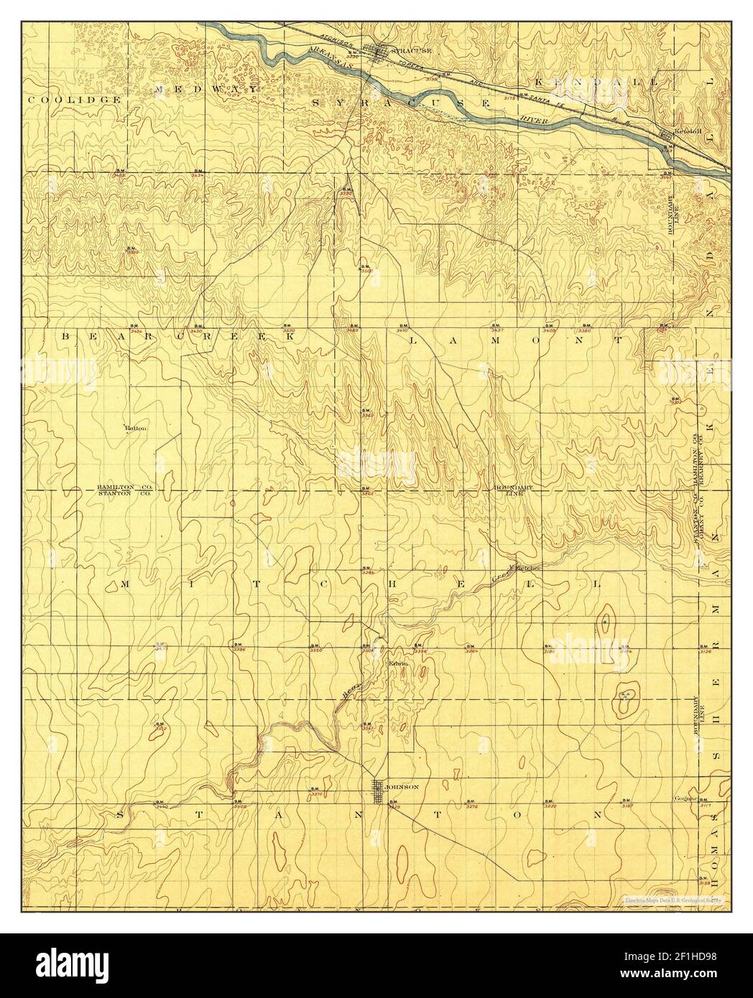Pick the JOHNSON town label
[x=402, y=787]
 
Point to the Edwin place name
[x=398, y=663]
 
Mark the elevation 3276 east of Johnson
[x=472, y=808]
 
